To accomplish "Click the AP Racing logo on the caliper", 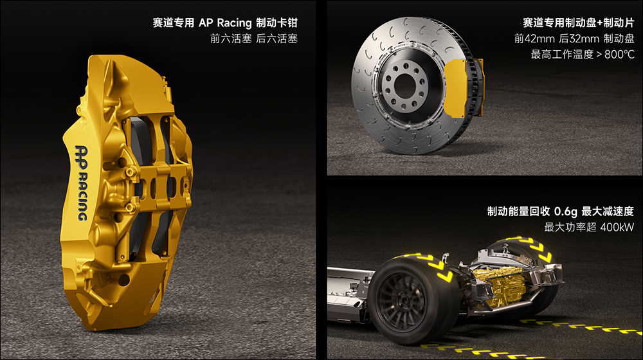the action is [x=81, y=183].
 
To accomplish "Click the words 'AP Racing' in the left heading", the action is [x=225, y=22].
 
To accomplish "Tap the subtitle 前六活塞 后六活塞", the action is [x=254, y=39].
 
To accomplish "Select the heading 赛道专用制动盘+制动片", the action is [x=578, y=22].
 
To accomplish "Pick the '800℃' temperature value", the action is [x=619, y=54].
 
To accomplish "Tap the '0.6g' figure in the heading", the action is [x=565, y=212].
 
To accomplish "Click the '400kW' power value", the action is [x=617, y=227].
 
